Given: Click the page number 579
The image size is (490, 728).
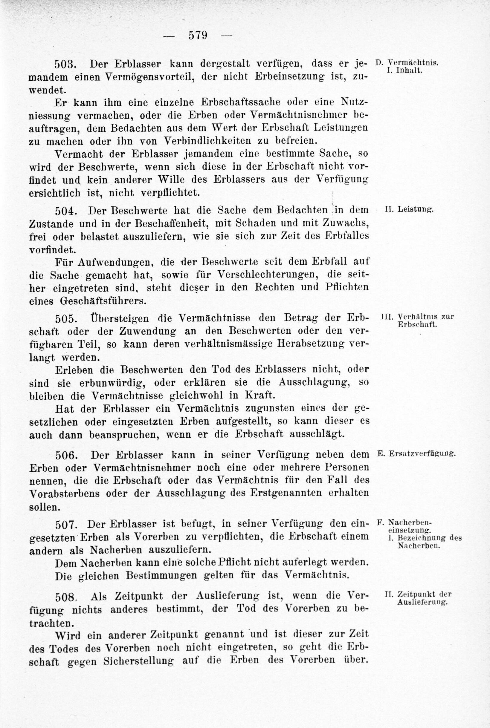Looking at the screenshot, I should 198,35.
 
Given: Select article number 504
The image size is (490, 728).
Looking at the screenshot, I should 64,211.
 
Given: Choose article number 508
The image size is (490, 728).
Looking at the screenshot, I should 64,597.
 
